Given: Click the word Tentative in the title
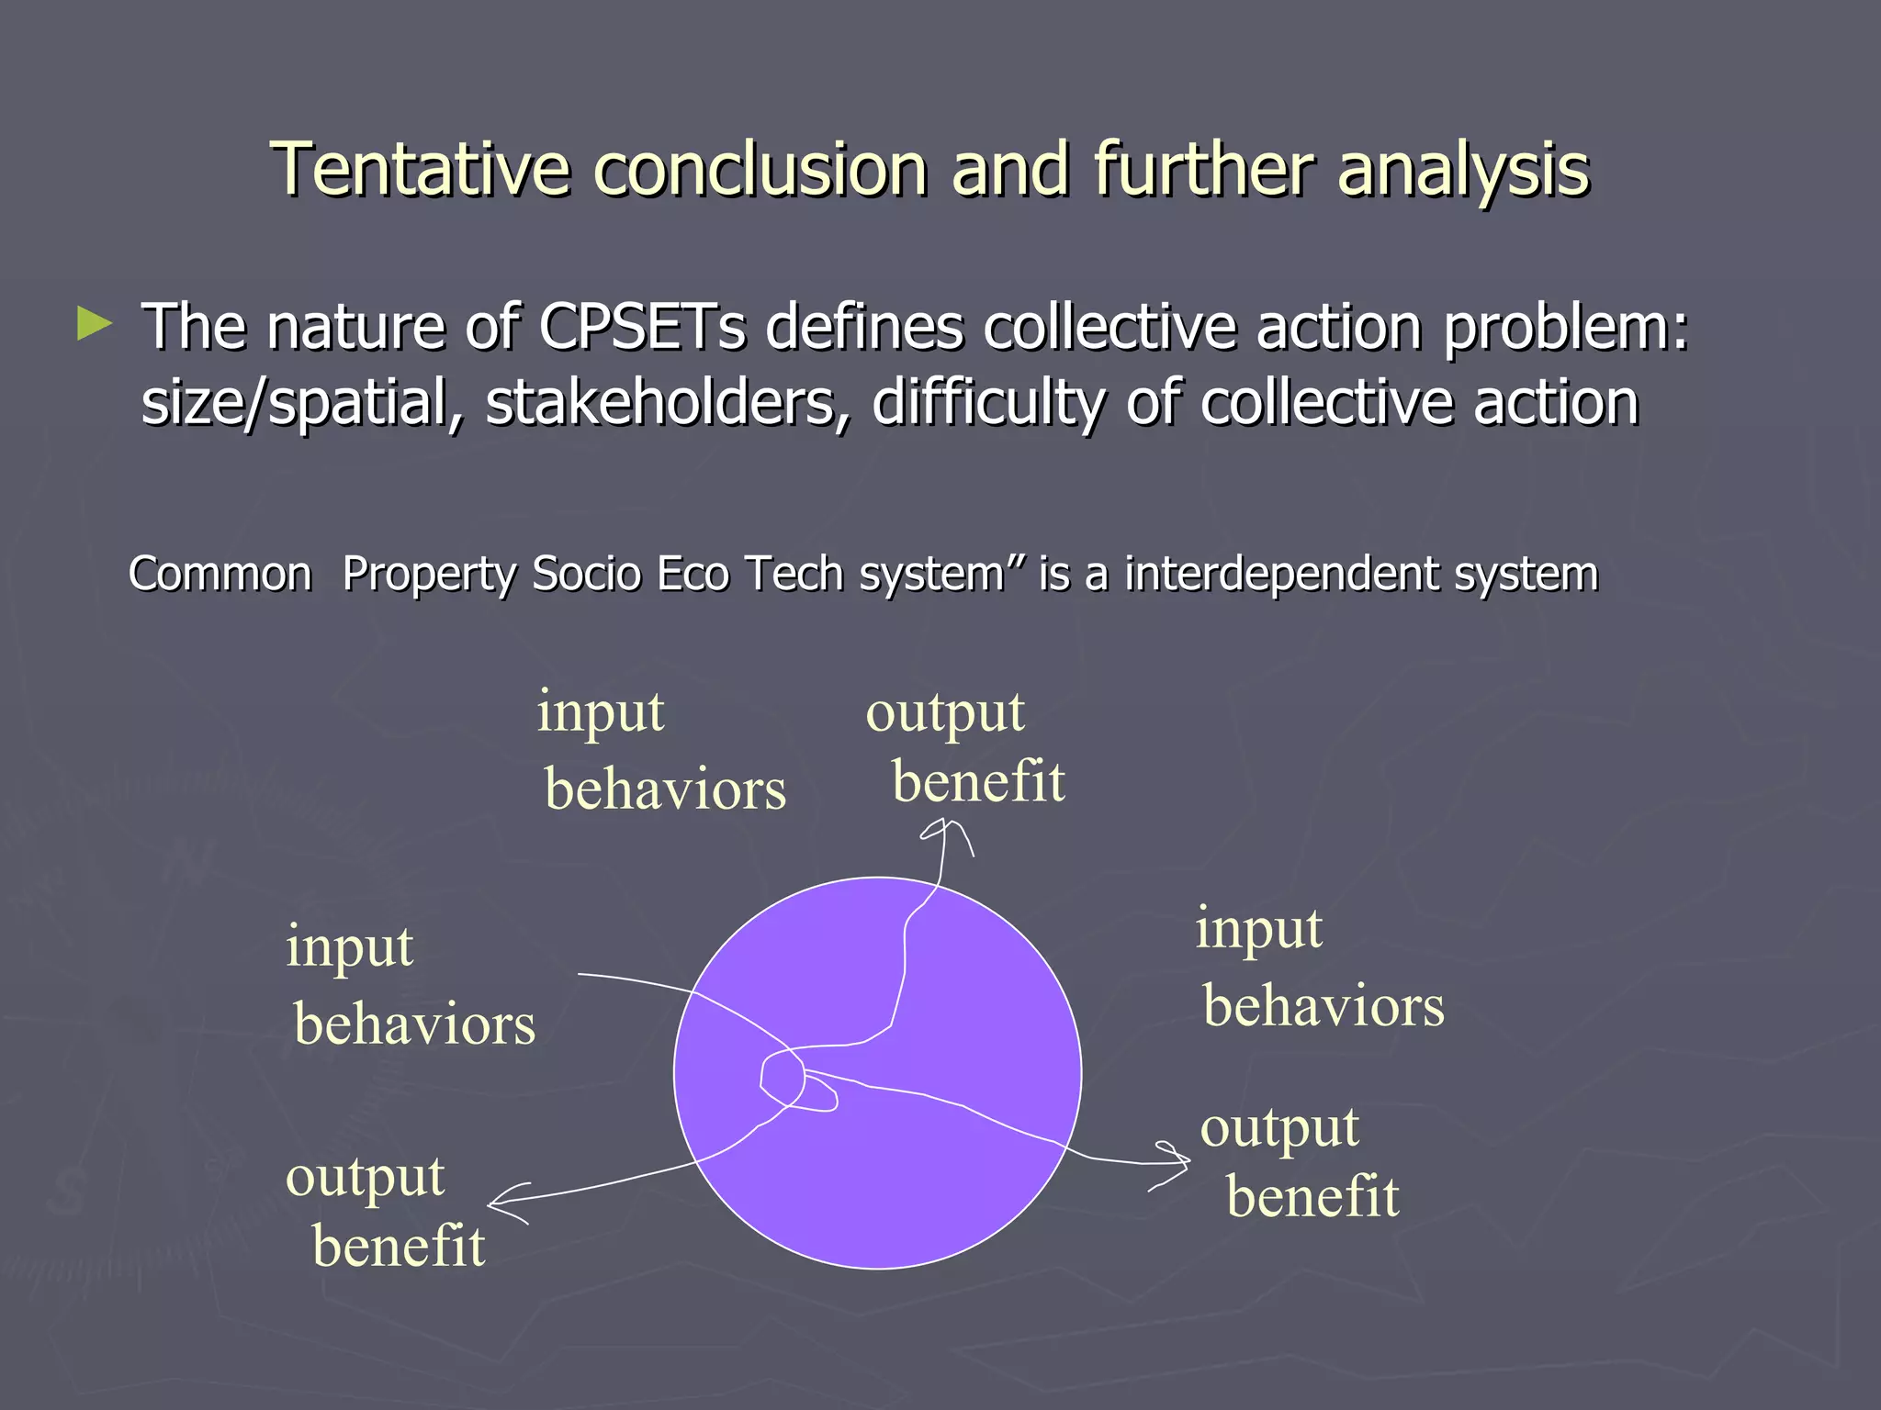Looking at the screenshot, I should click(x=421, y=171).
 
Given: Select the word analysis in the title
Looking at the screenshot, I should click(x=1463, y=171).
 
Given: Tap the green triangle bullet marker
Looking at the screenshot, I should click(x=94, y=325).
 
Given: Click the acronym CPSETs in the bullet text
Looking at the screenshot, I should click(x=641, y=328).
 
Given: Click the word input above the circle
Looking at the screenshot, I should click(x=601, y=712).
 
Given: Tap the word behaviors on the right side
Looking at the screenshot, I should click(x=1323, y=1006).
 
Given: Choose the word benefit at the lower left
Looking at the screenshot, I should click(x=399, y=1247).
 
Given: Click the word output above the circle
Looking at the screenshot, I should click(x=945, y=712).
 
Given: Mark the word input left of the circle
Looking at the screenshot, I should click(x=350, y=947).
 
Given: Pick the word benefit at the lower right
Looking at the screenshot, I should click(x=1312, y=1197).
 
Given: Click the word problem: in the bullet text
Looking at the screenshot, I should click(x=1565, y=328).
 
